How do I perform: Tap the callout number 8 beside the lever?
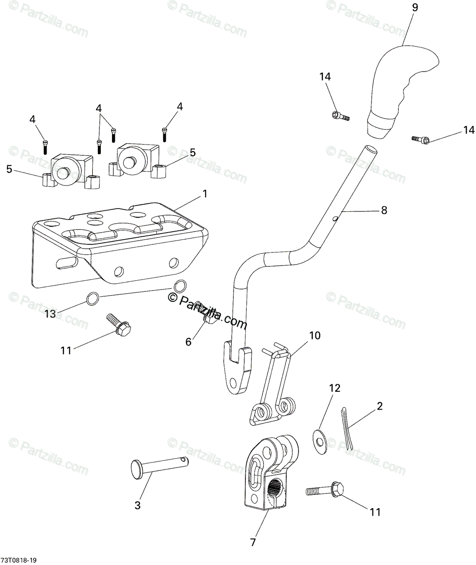click(384, 210)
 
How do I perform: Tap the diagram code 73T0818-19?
click(19, 560)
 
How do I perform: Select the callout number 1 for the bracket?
click(192, 194)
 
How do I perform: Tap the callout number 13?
click(50, 314)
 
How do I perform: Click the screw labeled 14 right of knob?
click(420, 139)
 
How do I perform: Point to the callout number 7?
click(253, 542)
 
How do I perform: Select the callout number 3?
click(137, 506)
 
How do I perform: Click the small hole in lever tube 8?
click(334, 218)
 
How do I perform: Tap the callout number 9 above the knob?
click(414, 8)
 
